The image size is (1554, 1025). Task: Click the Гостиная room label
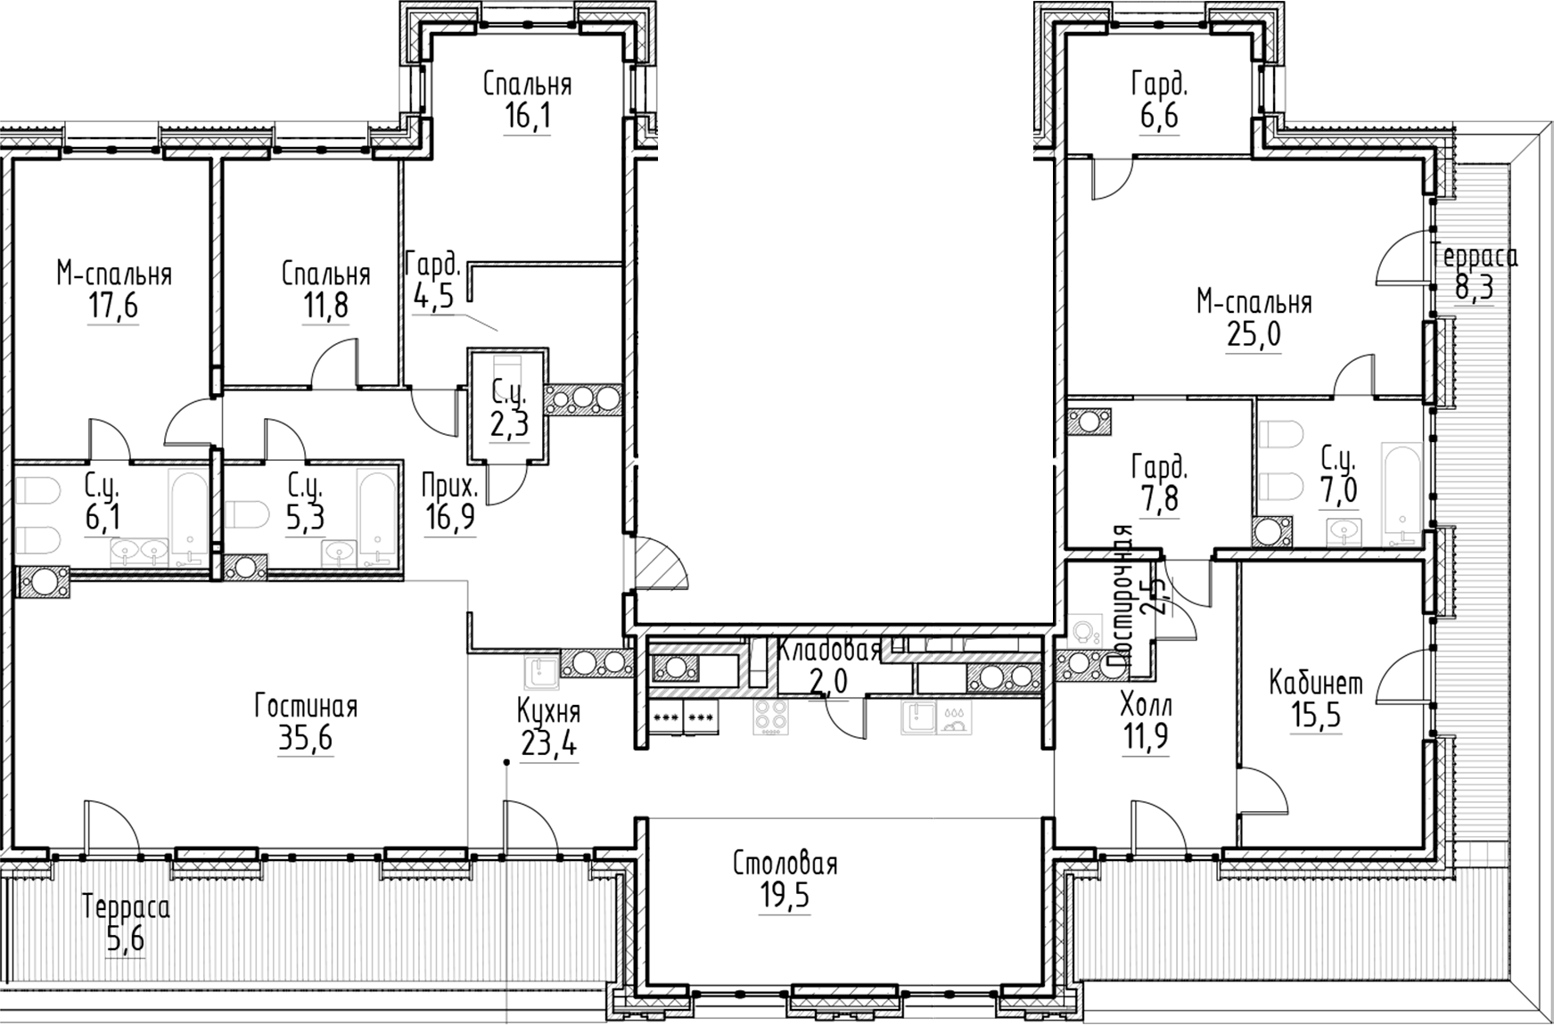pyautogui.click(x=305, y=707)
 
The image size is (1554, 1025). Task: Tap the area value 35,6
pyautogui.click(x=305, y=739)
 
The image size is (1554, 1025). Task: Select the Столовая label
pyautogui.click(x=785, y=864)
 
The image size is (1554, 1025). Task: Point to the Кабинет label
pyautogui.click(x=1316, y=684)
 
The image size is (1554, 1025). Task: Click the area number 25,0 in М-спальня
pyautogui.click(x=1253, y=335)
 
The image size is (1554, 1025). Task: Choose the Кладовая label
pyautogui.click(x=828, y=650)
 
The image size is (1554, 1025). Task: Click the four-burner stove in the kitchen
pyautogui.click(x=770, y=716)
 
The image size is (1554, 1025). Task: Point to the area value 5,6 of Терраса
pyautogui.click(x=125, y=939)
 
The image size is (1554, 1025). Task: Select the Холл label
pyautogui.click(x=1146, y=706)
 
